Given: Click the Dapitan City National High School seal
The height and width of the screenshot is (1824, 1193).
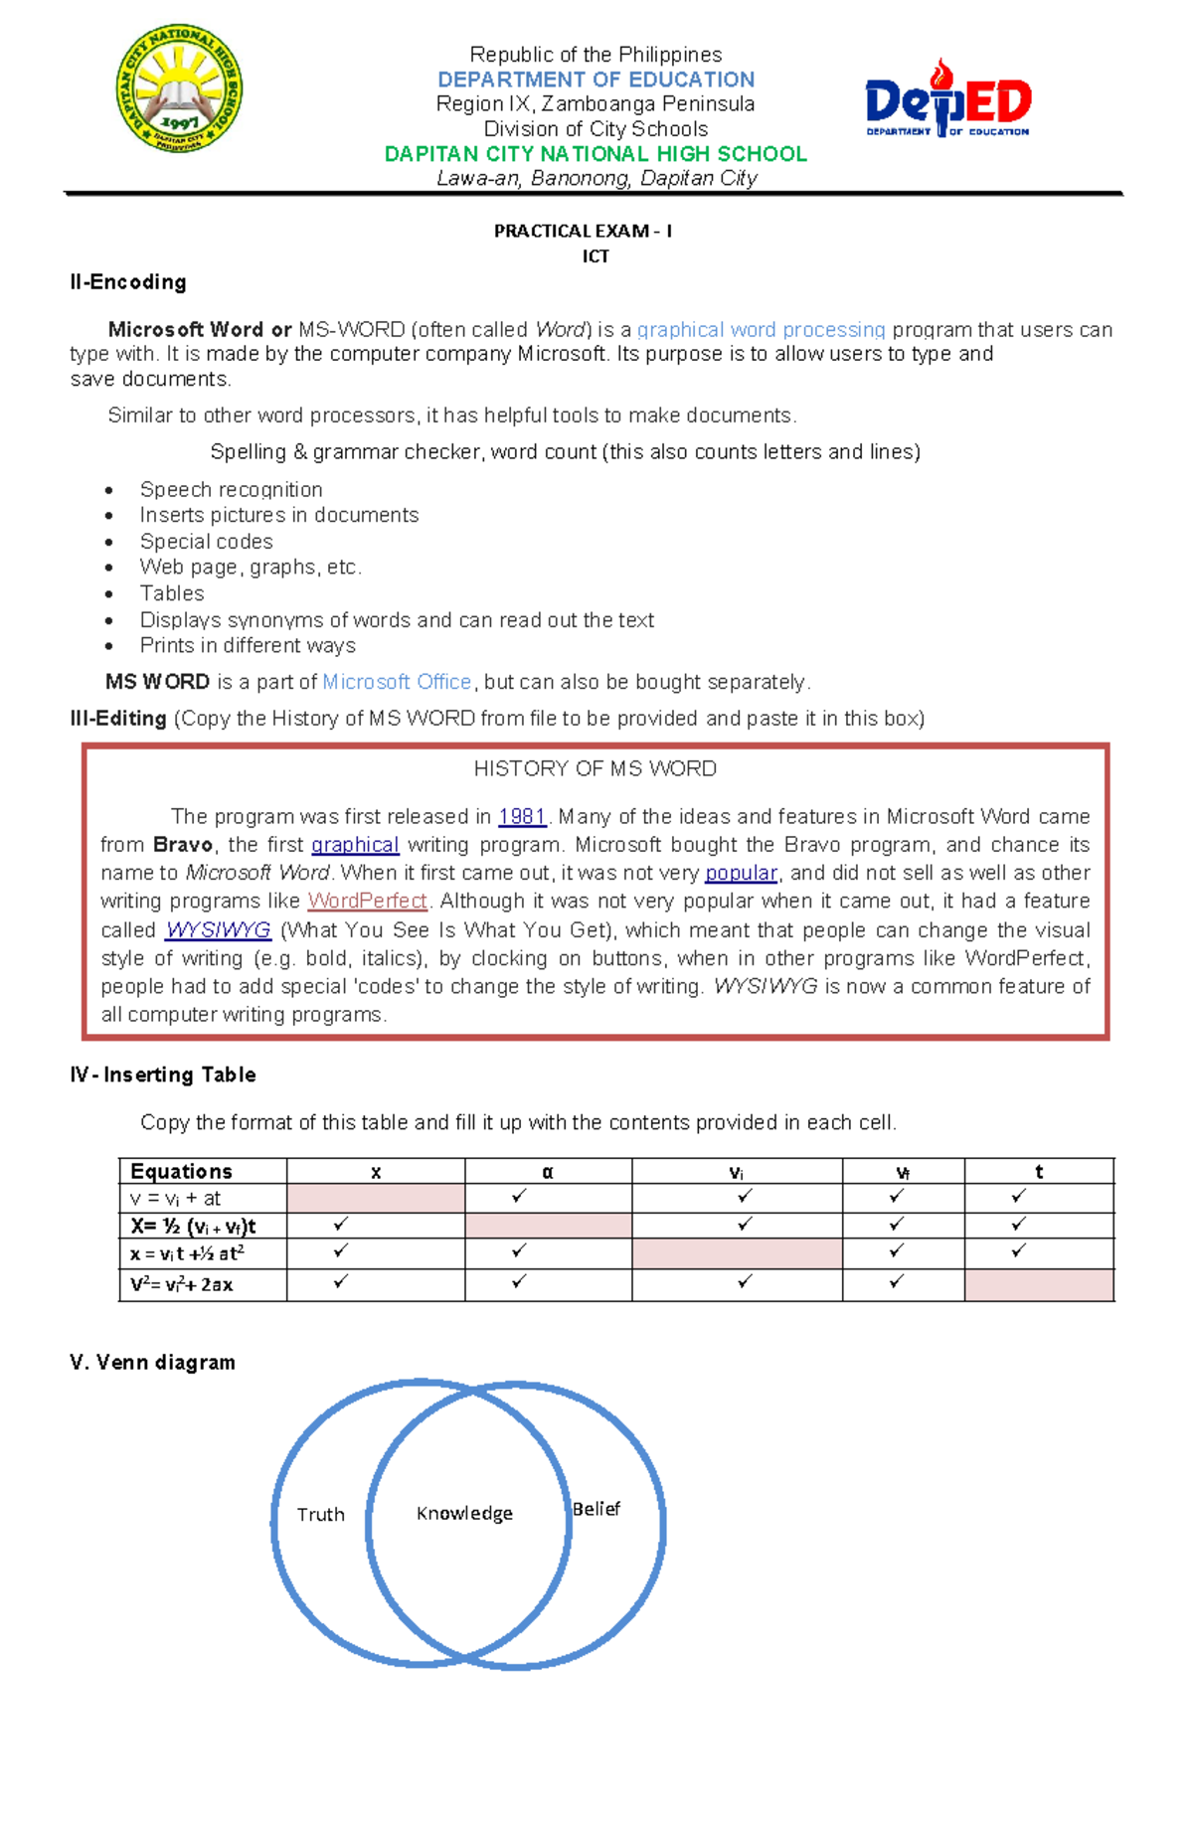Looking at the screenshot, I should coord(179,88).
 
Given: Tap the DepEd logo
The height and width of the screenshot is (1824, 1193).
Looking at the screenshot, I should coord(947,99).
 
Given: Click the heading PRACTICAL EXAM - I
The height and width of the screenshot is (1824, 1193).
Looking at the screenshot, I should coord(583,231).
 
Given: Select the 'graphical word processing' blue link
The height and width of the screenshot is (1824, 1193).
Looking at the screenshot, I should coord(761,330).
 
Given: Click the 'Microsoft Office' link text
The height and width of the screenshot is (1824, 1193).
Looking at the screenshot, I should coord(397,682).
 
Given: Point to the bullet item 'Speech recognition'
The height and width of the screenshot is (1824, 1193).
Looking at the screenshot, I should coord(231,489).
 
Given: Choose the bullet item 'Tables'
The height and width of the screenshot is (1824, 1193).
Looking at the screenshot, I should coord(172,593).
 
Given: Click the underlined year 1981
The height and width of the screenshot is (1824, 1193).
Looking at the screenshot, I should coord(522,816).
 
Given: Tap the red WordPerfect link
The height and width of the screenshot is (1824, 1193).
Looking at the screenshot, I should coord(367,901).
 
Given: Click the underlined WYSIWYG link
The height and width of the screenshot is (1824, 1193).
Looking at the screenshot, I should coord(218,929).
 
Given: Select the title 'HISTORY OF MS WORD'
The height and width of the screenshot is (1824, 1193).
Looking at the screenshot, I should coord(595,768).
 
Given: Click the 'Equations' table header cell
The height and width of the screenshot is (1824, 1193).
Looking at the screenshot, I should coord(181,1171).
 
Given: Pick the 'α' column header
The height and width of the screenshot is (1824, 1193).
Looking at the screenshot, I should coord(547,1172).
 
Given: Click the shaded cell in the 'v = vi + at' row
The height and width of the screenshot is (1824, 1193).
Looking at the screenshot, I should coord(376,1197).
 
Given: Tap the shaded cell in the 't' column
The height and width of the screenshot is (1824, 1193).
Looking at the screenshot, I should coord(1039,1284).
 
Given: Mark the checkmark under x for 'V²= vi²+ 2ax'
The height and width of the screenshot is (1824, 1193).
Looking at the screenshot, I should coord(340,1282).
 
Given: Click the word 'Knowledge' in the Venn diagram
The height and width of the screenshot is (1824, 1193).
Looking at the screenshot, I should coord(464,1513).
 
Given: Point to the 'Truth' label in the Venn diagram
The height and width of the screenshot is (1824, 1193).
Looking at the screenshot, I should coord(320,1514).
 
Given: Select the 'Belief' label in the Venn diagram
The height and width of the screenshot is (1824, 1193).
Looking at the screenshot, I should coord(596,1509).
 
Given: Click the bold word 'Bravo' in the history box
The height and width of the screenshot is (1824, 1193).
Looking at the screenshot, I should coord(183,845).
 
